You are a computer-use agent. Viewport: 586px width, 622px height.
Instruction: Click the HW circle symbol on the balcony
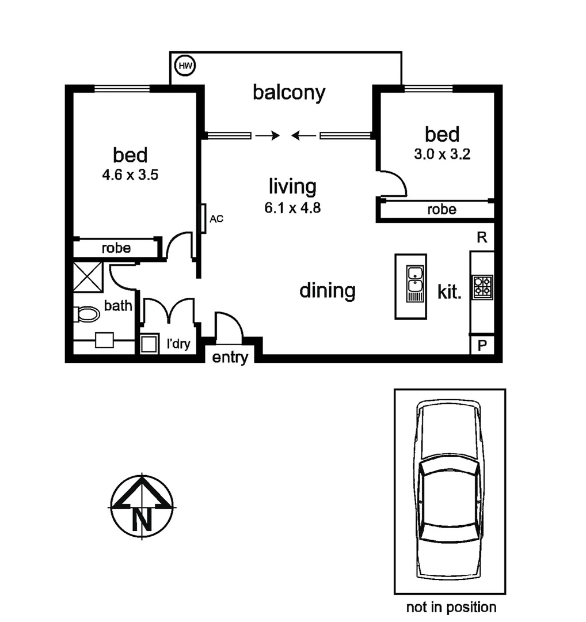click(185, 66)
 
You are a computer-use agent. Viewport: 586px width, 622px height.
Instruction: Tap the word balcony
click(289, 93)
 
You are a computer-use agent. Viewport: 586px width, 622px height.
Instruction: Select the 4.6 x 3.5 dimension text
click(130, 175)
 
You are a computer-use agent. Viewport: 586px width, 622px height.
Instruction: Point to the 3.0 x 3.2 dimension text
click(442, 154)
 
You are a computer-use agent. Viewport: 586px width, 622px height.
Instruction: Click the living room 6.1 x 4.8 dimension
click(292, 207)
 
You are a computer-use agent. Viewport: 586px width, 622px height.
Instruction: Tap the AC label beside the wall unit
click(216, 219)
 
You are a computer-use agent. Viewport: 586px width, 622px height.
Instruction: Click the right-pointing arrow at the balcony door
click(267, 135)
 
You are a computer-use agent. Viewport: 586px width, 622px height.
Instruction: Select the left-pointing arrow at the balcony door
click(303, 135)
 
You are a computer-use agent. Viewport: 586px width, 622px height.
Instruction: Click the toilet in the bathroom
click(87, 314)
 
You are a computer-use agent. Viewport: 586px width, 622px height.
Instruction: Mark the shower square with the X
click(88, 276)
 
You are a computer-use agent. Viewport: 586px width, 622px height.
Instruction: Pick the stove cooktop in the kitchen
click(482, 287)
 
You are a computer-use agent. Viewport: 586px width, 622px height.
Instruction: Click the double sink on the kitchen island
click(414, 279)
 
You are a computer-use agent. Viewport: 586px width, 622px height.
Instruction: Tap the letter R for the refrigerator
click(482, 238)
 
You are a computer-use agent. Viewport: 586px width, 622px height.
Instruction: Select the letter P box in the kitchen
click(482, 346)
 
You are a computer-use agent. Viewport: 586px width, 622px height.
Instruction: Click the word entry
click(230, 358)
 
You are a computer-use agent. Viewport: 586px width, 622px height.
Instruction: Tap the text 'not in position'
click(451, 607)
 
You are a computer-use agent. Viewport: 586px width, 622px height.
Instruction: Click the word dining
click(328, 291)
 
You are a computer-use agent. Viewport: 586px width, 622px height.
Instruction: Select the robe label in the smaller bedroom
click(442, 210)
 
